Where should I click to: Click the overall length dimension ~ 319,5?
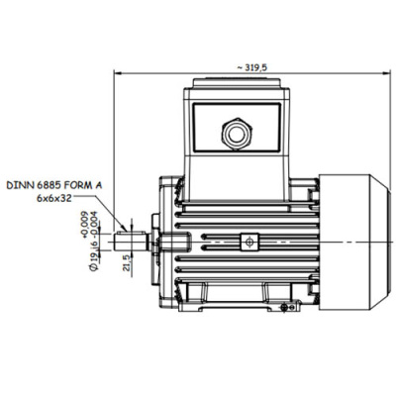(251, 67)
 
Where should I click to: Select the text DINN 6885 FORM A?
(54, 185)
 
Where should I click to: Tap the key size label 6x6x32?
(53, 198)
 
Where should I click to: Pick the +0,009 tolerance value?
(85, 225)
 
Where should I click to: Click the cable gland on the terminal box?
(237, 134)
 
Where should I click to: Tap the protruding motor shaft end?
(131, 242)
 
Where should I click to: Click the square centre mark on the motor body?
(249, 242)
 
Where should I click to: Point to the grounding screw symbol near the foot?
(287, 308)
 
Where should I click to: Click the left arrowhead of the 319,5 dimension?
(118, 73)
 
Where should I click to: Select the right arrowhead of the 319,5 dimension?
(386, 73)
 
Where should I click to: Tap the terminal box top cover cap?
(237, 83)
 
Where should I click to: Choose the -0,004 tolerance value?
(94, 226)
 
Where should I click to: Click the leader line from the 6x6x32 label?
(99, 212)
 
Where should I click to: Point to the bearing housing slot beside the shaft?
(175, 242)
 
